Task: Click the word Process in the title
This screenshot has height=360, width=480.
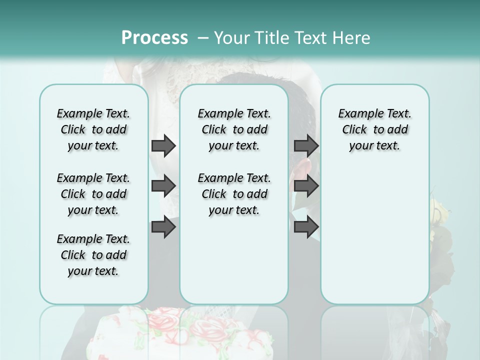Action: point(154,38)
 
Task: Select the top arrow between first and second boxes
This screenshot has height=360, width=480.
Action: point(163,145)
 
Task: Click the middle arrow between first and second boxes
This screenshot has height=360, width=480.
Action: point(163,186)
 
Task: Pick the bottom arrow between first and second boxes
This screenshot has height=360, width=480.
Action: point(163,227)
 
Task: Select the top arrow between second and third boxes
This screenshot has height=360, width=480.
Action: point(306,145)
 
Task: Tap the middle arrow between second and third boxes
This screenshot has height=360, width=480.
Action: point(306,186)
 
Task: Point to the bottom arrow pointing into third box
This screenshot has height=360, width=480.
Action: point(306,227)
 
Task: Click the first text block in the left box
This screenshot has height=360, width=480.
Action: point(93,129)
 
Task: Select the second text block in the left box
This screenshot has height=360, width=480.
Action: point(93,194)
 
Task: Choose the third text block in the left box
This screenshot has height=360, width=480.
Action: point(93,255)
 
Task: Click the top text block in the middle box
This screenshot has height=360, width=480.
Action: point(234,129)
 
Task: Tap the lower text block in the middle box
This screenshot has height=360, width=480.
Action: point(234,194)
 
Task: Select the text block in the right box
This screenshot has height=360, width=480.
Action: point(374,129)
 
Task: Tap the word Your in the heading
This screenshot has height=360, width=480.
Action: point(231,38)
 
